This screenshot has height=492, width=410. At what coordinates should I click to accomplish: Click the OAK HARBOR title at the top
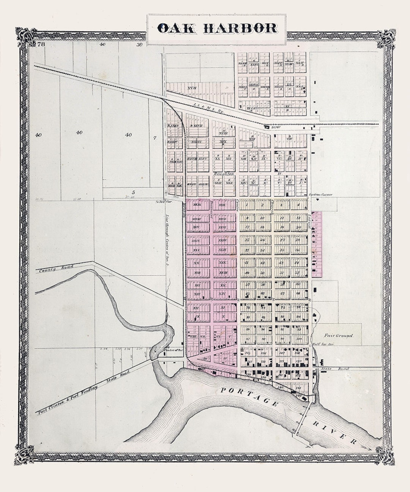click(217, 28)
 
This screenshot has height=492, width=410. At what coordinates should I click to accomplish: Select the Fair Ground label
click(339, 336)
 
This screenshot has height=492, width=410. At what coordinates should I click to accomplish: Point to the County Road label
click(53, 269)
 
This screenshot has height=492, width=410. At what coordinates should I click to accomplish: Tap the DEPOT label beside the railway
click(276, 128)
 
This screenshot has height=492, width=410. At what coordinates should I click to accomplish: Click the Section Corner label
click(321, 194)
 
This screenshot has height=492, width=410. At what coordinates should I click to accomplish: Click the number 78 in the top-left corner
click(41, 45)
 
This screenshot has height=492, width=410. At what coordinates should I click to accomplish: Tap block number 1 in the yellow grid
click(247, 205)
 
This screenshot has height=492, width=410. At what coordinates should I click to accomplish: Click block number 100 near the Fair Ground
click(299, 339)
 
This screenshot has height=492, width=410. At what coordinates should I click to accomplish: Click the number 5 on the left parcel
click(134, 192)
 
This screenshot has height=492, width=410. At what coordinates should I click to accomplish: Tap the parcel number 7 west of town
click(155, 138)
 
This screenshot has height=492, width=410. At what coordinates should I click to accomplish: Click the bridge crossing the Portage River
click(303, 418)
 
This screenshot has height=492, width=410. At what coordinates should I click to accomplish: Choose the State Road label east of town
click(329, 369)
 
